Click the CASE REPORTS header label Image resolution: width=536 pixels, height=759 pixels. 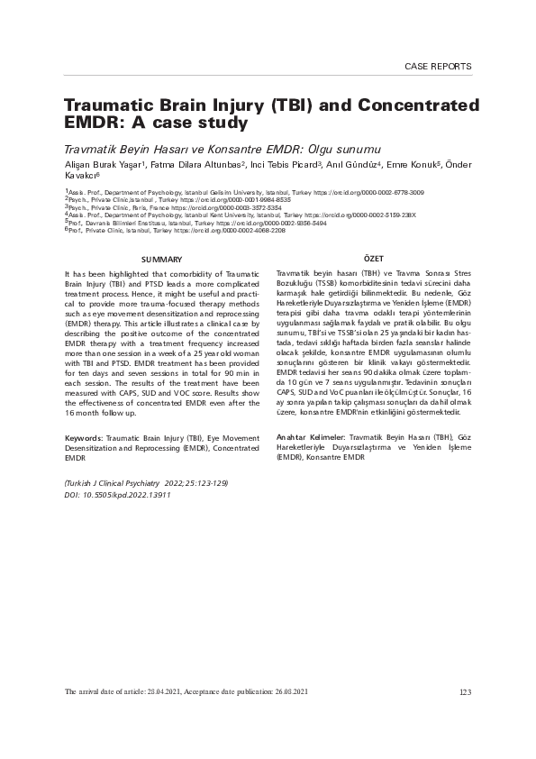438,67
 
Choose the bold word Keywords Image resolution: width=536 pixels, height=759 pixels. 84,438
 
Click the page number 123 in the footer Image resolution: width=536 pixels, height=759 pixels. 465,692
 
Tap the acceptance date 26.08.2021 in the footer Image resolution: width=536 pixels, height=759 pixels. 290,692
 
